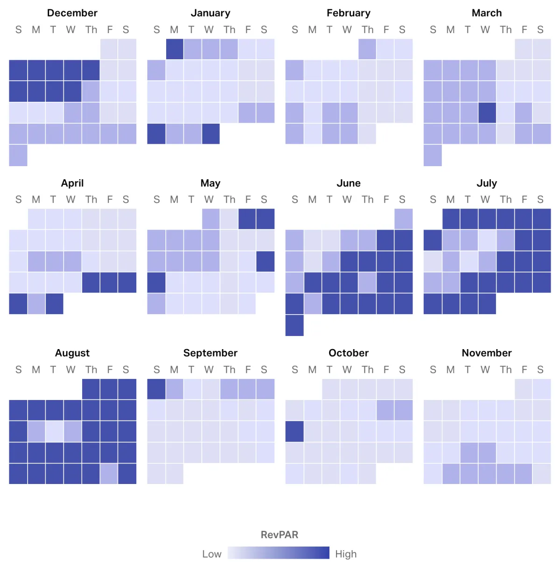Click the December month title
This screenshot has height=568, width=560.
(x=72, y=13)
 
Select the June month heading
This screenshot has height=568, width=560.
(x=349, y=183)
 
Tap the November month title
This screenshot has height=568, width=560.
(x=487, y=353)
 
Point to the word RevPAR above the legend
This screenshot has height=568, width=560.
(x=279, y=535)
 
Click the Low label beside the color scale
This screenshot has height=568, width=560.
(x=211, y=554)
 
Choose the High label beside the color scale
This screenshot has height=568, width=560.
(x=346, y=554)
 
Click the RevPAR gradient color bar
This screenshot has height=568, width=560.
(x=279, y=553)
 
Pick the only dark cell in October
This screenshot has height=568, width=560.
(x=294, y=431)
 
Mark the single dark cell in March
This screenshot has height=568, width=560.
(x=487, y=113)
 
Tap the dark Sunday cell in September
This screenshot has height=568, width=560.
(x=156, y=389)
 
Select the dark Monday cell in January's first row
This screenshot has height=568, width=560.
(x=175, y=49)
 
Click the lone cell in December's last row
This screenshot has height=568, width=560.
(x=18, y=155)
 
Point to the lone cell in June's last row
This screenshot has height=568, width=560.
(x=294, y=325)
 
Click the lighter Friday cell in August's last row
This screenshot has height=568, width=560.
(x=109, y=474)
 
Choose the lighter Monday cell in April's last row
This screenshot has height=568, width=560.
(x=36, y=304)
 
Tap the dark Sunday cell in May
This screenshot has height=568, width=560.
(x=156, y=282)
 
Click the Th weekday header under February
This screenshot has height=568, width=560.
(x=367, y=30)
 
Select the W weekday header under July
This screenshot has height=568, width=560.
(x=485, y=200)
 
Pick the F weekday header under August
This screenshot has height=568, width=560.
(x=110, y=370)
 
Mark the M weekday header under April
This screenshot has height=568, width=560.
(x=36, y=200)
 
